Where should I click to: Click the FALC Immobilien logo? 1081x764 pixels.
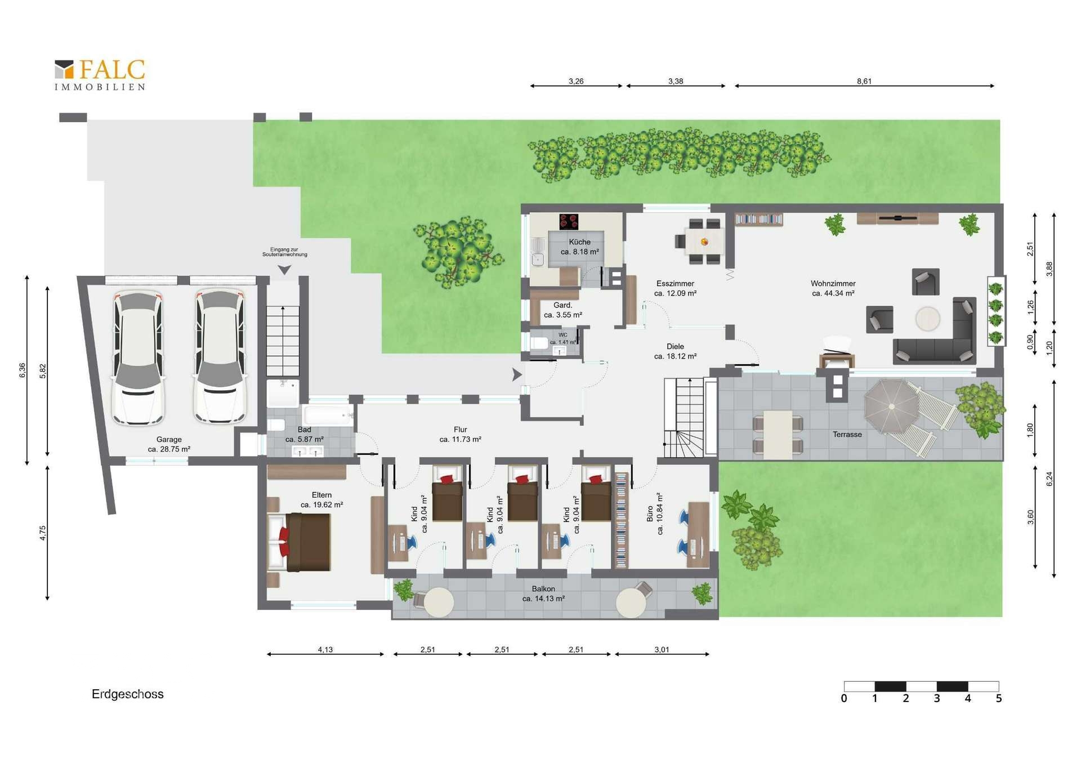tap(100, 74)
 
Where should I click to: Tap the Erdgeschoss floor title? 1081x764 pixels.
tap(128, 694)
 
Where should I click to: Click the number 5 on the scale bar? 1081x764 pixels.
tap(999, 699)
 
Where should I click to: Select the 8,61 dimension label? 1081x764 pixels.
tap(864, 81)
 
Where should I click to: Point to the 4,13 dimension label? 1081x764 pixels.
tap(325, 650)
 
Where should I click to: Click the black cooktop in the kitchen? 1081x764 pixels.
tap(569, 221)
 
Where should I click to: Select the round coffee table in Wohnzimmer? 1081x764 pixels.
tap(927, 319)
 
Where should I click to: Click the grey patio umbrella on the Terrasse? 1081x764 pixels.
tap(891, 406)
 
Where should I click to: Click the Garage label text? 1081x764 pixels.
tap(169, 440)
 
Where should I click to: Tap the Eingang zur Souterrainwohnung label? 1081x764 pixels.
tap(285, 252)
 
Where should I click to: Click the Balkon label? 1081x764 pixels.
tap(543, 589)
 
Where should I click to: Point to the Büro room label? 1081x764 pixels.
tap(650, 513)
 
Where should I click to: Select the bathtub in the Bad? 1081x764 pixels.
tap(328, 416)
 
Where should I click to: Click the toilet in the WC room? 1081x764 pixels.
tap(540, 343)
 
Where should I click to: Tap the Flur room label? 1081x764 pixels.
tap(461, 430)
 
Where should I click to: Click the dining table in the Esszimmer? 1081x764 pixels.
tap(704, 242)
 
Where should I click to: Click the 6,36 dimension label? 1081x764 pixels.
tap(23, 370)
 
